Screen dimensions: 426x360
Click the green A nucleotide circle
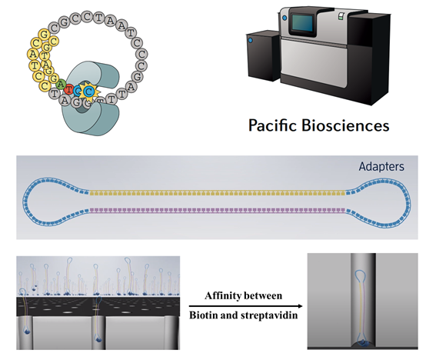click(61, 85)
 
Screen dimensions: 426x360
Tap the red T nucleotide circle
click(68, 88)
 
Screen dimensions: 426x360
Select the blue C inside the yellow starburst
click(88, 92)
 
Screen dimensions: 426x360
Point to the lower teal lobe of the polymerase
click(90, 117)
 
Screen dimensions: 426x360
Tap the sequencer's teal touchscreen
click(302, 22)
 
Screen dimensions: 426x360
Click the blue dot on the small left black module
click(250, 41)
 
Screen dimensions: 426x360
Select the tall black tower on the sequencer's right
click(370, 57)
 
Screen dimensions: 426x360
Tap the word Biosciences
click(345, 125)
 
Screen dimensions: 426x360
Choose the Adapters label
click(381, 166)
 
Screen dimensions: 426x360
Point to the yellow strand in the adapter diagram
click(218, 193)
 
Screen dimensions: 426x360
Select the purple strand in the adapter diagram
click(218, 210)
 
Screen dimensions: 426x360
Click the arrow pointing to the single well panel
click(245, 306)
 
